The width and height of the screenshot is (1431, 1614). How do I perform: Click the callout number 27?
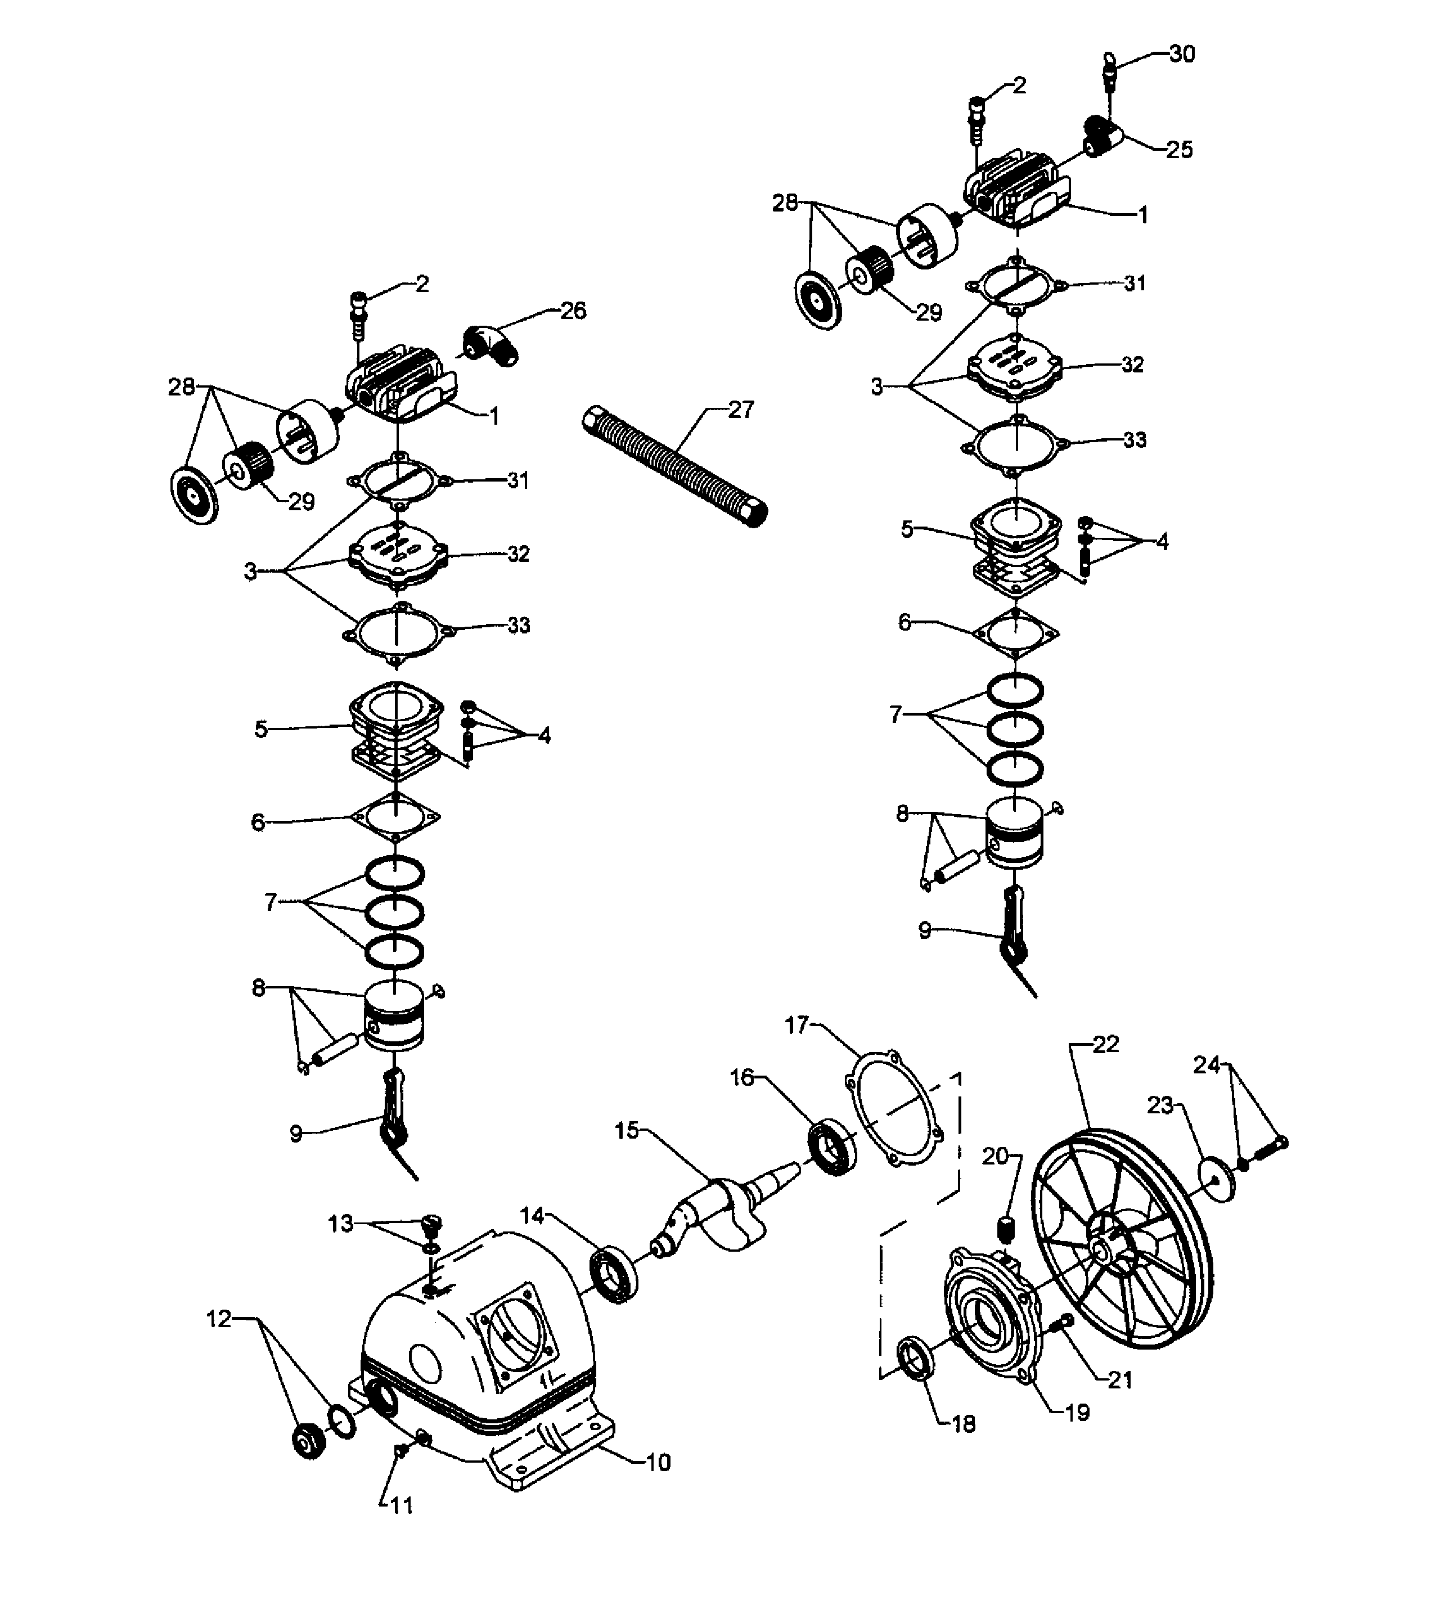pyautogui.click(x=740, y=409)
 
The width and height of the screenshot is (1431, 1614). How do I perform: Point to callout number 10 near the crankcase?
pyautogui.click(x=658, y=1463)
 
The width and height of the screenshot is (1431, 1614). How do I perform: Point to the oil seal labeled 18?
pyautogui.click(x=917, y=1356)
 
